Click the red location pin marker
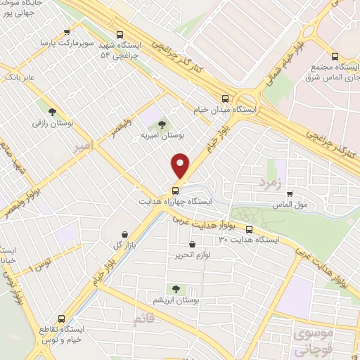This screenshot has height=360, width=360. click(181, 166)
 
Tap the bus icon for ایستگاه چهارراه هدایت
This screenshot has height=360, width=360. click(175, 190)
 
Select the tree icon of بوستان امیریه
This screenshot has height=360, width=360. click(162, 124)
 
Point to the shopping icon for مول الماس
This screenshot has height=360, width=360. click(290, 193)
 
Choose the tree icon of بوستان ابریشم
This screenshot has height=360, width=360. click(174, 288)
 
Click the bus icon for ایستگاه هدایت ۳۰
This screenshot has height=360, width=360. click(250, 229)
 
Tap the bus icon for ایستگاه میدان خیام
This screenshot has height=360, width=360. click(225, 99)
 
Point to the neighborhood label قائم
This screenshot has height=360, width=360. click(143, 319)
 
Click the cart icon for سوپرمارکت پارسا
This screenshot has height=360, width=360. click(67, 32)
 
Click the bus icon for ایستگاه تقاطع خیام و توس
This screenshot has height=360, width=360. click(61, 318)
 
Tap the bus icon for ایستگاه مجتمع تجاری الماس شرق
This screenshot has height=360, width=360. click(335, 57)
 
